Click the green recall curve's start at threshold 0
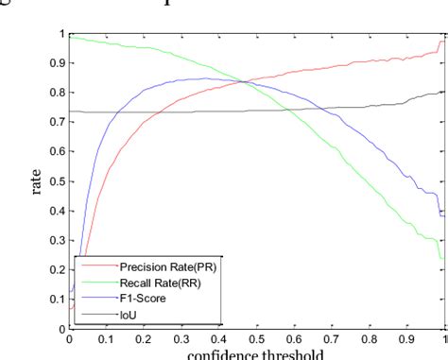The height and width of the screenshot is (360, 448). pos(70,38)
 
